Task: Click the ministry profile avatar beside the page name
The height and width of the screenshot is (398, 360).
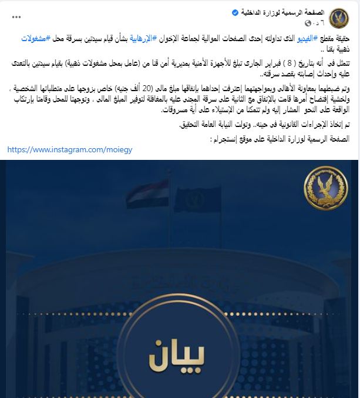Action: (x=339, y=18)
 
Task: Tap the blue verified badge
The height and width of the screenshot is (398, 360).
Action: (x=234, y=12)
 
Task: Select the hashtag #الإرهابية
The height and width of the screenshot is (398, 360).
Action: (x=144, y=38)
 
